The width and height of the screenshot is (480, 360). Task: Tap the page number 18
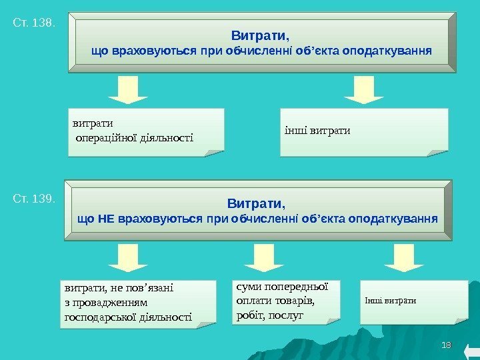pyautogui.click(x=447, y=345)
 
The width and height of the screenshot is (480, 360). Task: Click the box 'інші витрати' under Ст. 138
pyautogui.click(x=363, y=131)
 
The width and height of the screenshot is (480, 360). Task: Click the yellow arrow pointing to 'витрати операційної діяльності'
pyautogui.click(x=128, y=90)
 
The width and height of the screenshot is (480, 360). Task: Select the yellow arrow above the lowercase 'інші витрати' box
pyautogui.click(x=364, y=90)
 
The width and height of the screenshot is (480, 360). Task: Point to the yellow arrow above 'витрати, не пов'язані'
pyautogui.click(x=128, y=257)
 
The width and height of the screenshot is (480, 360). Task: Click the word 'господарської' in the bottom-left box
pyautogui.click(x=91, y=317)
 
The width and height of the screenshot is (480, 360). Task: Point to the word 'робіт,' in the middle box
pyautogui.click(x=249, y=313)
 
